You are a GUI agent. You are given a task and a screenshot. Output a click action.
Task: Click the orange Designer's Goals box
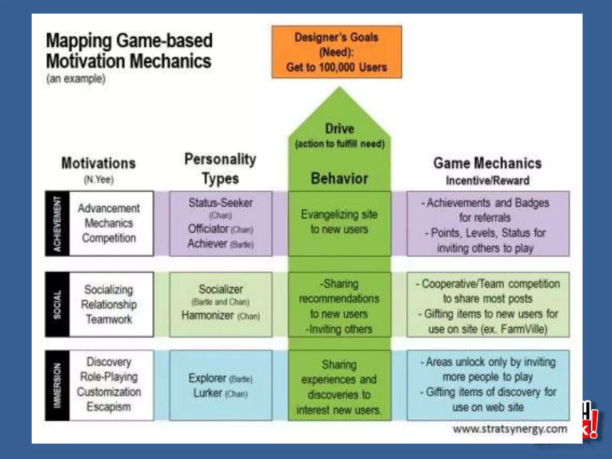337,52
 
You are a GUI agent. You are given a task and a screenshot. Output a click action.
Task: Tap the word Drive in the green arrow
339,129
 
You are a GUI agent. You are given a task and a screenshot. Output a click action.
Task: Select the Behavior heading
339,178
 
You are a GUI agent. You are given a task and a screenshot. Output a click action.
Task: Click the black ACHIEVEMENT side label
57,224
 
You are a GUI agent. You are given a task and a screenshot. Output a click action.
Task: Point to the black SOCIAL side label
57,305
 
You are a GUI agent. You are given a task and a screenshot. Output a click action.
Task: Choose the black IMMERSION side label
57,385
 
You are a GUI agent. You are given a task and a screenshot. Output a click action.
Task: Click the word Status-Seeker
221,203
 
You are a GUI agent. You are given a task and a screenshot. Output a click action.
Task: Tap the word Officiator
208,229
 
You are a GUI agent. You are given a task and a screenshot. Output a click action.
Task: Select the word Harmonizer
208,315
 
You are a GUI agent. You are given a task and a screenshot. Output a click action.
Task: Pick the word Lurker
208,393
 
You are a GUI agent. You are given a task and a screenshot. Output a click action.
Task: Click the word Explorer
207,378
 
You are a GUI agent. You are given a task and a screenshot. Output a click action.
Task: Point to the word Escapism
109,407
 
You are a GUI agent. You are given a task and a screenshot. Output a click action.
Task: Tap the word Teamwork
109,319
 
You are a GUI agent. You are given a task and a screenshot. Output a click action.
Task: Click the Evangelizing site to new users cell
339,222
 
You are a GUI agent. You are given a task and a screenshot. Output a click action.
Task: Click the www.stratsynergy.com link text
510,429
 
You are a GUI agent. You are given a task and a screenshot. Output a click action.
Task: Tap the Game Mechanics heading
487,163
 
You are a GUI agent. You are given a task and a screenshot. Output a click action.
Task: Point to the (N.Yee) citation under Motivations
99,180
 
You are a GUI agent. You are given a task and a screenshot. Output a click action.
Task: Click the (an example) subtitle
76,79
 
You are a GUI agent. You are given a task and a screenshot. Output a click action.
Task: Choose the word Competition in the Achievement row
109,238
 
